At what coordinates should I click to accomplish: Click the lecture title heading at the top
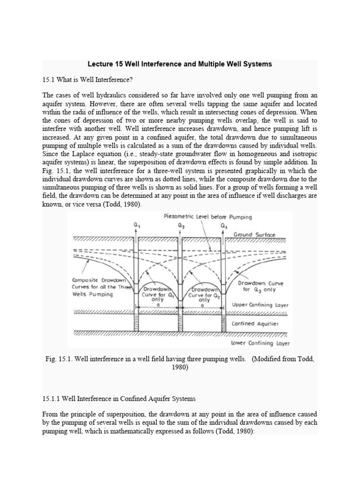(x=180, y=64)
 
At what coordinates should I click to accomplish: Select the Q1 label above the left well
(x=136, y=226)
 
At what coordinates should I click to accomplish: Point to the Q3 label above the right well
(x=224, y=226)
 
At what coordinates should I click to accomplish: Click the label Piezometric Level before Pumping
(x=208, y=217)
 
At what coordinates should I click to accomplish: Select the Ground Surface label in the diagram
(x=255, y=234)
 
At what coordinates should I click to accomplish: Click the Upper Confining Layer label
(x=261, y=305)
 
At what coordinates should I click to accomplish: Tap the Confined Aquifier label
(x=255, y=323)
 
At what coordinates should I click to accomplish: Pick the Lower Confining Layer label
(x=261, y=343)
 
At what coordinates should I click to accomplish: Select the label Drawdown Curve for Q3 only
(x=260, y=286)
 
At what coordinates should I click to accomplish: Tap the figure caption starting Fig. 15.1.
(x=180, y=363)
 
